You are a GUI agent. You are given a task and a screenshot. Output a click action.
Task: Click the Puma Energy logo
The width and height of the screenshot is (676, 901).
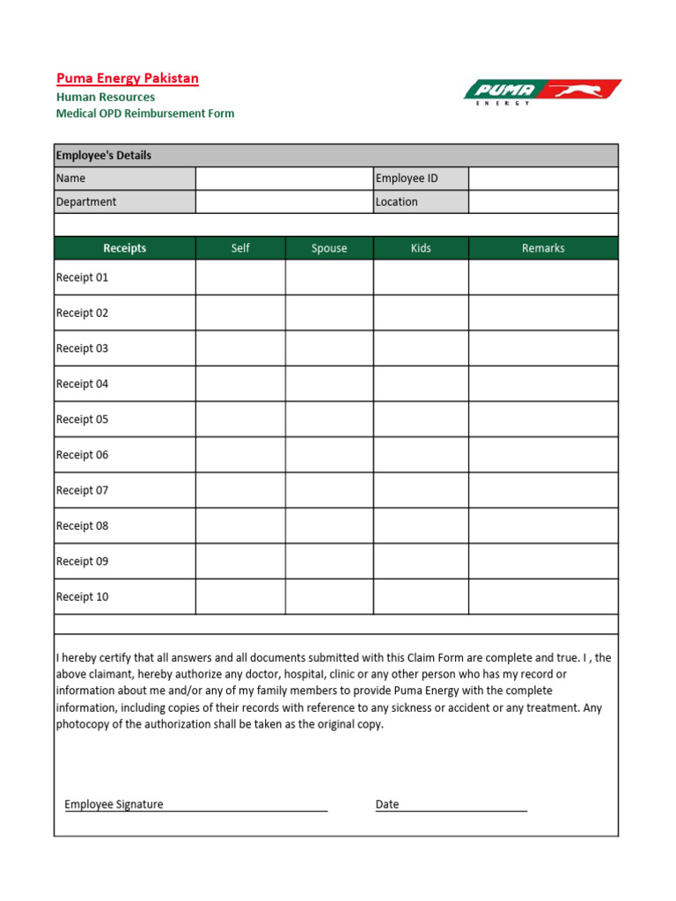pyautogui.click(x=542, y=92)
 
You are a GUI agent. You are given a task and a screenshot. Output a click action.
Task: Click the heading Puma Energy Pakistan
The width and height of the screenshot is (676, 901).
pyautogui.click(x=128, y=78)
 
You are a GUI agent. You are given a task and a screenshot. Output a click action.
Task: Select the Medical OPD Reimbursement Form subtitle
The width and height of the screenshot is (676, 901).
pyautogui.click(x=145, y=114)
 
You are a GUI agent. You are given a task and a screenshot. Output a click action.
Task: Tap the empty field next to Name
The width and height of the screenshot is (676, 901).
pyautogui.click(x=284, y=179)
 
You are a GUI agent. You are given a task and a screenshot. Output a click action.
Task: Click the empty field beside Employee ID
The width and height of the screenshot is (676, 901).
pyautogui.click(x=543, y=179)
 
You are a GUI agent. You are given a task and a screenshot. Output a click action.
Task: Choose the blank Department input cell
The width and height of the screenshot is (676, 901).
pyautogui.click(x=284, y=201)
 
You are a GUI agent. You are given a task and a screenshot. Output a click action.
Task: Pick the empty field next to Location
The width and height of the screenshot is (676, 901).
pyautogui.click(x=543, y=201)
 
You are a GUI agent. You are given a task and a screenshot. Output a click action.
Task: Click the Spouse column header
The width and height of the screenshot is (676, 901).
pyautogui.click(x=329, y=248)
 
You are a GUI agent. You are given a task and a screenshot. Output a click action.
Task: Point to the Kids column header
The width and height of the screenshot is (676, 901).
pyautogui.click(x=421, y=248)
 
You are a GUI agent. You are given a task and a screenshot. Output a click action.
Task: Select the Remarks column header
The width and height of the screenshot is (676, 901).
pyautogui.click(x=543, y=248)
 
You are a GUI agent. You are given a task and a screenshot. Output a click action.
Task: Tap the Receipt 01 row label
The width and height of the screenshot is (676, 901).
pyautogui.click(x=83, y=277)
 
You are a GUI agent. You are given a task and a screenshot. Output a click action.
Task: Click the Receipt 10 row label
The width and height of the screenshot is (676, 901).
pyautogui.click(x=83, y=597)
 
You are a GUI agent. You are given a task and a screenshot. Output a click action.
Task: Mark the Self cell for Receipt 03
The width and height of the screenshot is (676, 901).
pyautogui.click(x=240, y=348)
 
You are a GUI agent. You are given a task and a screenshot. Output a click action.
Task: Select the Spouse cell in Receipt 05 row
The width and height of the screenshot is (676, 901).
pyautogui.click(x=329, y=420)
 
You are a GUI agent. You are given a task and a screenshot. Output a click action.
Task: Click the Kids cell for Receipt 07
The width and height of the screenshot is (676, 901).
pyautogui.click(x=421, y=490)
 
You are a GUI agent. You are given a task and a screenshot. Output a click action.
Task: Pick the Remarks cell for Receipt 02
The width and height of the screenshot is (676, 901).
pyautogui.click(x=543, y=313)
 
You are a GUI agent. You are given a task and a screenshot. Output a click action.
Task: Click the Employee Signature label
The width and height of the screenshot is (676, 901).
pyautogui.click(x=114, y=804)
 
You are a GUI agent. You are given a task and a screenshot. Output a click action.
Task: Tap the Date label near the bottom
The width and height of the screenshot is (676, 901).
pyautogui.click(x=387, y=804)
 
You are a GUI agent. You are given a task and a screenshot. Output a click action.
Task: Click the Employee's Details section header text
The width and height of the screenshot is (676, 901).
pyautogui.click(x=104, y=156)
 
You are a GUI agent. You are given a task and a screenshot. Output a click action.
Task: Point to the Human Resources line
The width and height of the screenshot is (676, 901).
pyautogui.click(x=106, y=97)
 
